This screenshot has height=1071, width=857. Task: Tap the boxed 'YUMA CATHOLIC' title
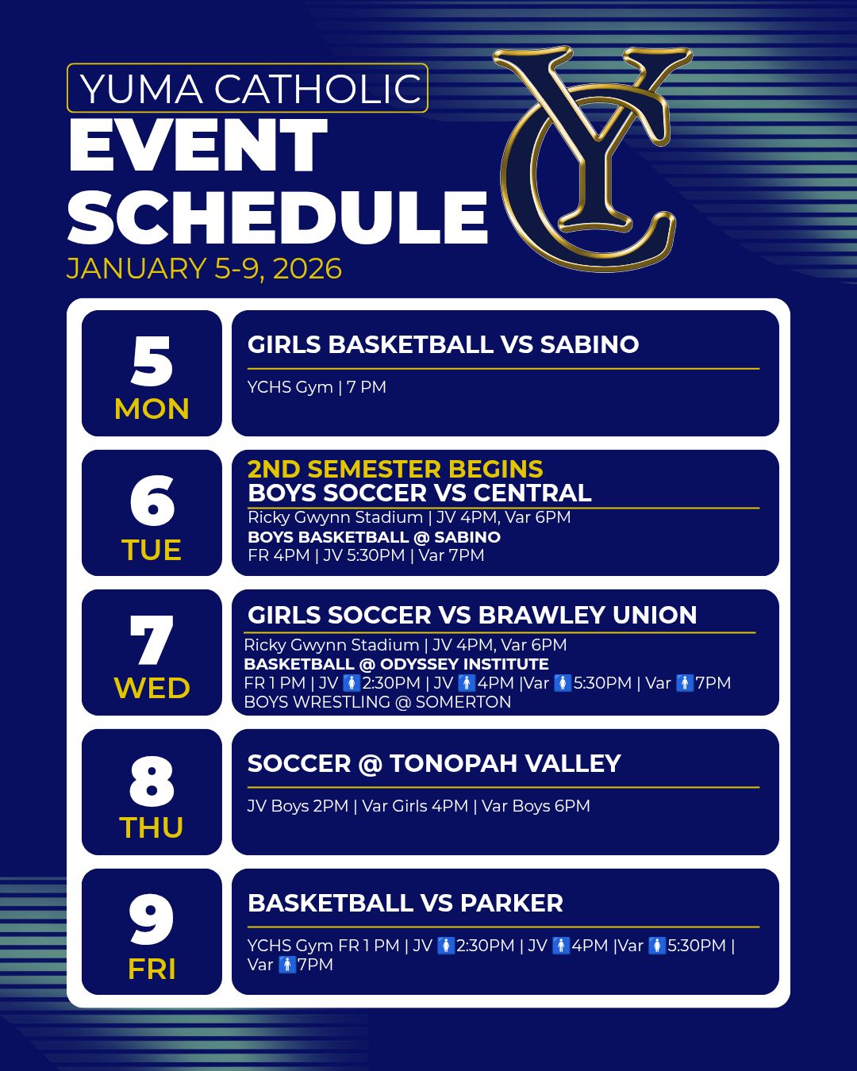pos(248,88)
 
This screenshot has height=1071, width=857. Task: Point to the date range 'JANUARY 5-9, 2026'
pos(204,269)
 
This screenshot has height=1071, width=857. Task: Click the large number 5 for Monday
pos(152,360)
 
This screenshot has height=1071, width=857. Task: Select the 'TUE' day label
pos(152,550)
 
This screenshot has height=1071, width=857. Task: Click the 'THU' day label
pos(152,827)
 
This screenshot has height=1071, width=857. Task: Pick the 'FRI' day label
pos(152,969)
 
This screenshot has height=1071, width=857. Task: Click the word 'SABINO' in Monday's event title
pos(590,344)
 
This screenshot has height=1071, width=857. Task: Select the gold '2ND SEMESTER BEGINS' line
pos(395,469)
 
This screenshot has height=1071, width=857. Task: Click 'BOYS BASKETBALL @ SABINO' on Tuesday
pos(374,537)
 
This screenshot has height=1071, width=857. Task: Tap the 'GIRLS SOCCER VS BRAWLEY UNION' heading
pos(472,615)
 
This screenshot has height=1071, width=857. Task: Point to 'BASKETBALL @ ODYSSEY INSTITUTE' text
pos(397,664)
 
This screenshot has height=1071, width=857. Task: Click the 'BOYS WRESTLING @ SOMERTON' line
pos(378,702)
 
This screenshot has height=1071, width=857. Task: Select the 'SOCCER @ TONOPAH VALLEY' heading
pos(434,763)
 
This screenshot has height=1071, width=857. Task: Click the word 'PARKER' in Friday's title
pos(511,904)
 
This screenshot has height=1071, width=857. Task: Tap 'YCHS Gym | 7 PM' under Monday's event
pos(317,387)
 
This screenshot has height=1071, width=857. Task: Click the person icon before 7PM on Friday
pos(286,965)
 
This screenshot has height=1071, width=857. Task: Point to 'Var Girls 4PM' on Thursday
pos(415,806)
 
